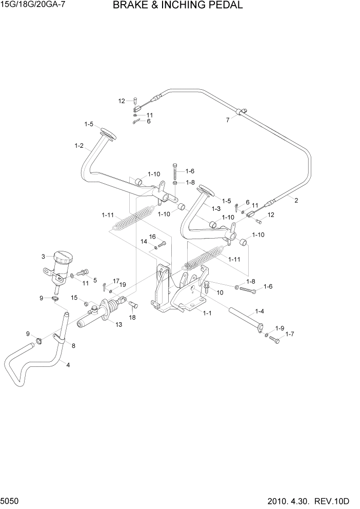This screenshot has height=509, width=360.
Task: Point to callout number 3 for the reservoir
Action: (x=43, y=256)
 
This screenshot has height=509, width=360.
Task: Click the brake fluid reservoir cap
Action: (x=63, y=257)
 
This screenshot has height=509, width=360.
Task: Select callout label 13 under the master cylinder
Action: (x=119, y=324)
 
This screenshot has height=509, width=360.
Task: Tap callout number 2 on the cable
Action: (x=296, y=201)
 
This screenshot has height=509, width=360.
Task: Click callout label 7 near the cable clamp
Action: (x=228, y=121)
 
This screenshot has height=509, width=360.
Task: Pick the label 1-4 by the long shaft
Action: (x=259, y=311)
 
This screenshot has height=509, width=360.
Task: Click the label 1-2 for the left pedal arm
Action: (x=79, y=146)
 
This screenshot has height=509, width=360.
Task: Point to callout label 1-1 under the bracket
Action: (x=208, y=312)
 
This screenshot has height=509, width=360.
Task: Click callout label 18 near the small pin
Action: (x=132, y=318)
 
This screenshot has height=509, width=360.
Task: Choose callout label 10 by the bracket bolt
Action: (x=221, y=292)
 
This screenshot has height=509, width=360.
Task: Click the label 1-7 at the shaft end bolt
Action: (x=290, y=334)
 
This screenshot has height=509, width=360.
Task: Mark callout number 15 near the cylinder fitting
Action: (x=74, y=298)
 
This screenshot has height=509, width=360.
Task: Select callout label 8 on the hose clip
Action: (x=73, y=346)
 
